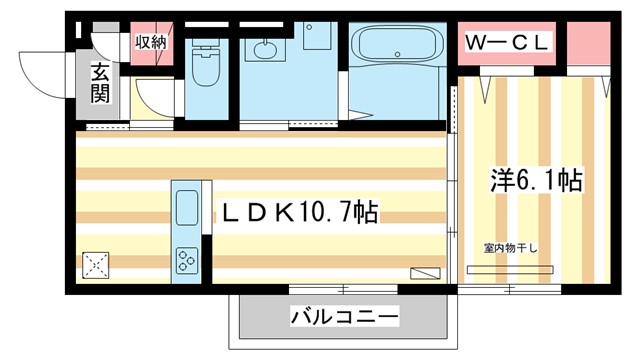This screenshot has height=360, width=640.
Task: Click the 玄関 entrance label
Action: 101,83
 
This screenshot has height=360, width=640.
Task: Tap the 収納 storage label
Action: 151,42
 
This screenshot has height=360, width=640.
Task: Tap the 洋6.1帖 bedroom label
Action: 536,181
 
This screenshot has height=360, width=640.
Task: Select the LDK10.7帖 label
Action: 299,212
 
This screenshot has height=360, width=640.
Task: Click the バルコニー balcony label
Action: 345,318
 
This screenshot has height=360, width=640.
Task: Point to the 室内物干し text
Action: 512,247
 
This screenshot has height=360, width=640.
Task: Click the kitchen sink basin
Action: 188,209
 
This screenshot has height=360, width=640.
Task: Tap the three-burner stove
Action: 187,259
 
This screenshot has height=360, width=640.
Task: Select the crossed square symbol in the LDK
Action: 96,265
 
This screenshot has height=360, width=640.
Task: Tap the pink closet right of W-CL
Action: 588,45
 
